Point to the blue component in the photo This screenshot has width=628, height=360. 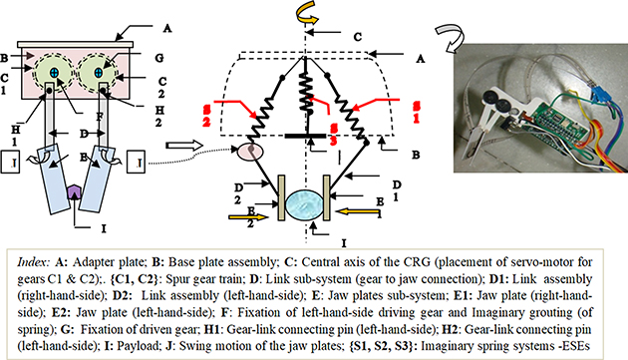pos(602,99)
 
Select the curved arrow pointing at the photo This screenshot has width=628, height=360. pos(446,43)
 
